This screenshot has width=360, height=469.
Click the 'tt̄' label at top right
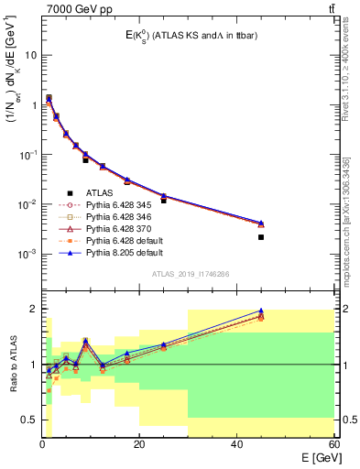(x=330, y=8)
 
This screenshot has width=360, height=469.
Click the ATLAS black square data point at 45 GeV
(x=261, y=237)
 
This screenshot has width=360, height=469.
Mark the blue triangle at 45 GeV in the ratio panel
(x=261, y=311)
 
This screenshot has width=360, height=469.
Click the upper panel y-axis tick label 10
(x=29, y=55)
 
